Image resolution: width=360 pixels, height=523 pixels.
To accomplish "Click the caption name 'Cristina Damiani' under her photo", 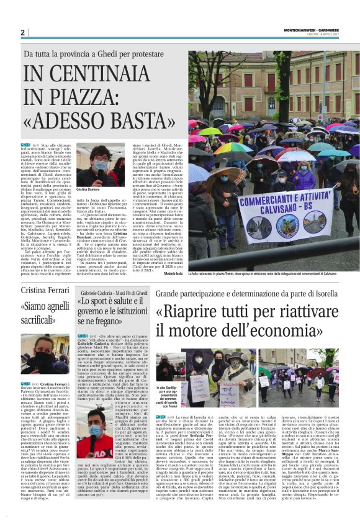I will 88,188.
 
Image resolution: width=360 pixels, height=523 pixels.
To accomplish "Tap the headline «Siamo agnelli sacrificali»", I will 45,315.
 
